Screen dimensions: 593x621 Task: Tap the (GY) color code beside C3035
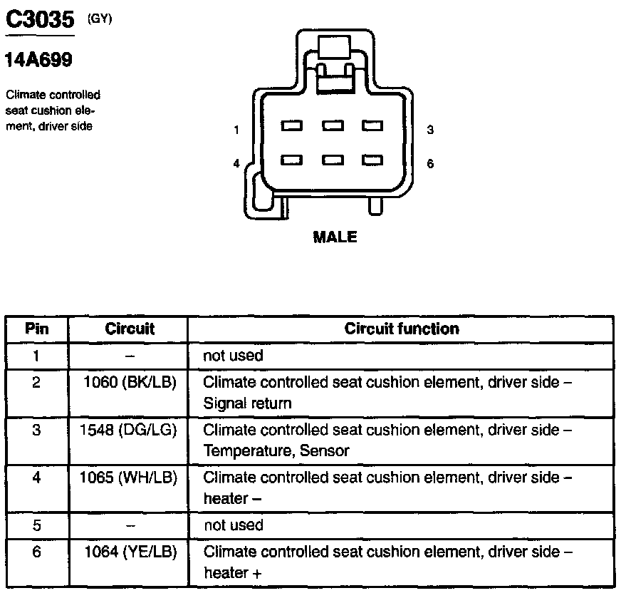click(x=100, y=19)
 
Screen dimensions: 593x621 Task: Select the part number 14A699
click(x=38, y=61)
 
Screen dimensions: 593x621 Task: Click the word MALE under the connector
click(x=335, y=237)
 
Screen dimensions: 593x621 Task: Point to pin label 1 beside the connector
click(x=236, y=130)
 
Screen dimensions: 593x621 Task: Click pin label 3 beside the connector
click(x=430, y=130)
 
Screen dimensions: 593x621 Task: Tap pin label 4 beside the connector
click(x=236, y=163)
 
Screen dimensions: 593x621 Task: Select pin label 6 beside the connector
click(x=430, y=163)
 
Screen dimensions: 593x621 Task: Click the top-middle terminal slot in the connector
click(x=333, y=126)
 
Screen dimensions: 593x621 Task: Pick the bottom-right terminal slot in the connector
click(x=372, y=160)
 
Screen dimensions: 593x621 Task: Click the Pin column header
click(x=37, y=329)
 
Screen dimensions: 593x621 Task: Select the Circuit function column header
click(x=402, y=329)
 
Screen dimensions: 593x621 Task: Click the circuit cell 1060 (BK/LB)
click(x=130, y=382)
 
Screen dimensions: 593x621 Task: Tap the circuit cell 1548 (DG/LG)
click(x=130, y=430)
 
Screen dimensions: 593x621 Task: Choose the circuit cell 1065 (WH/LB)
click(x=130, y=478)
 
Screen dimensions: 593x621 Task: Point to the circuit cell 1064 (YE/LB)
click(x=130, y=552)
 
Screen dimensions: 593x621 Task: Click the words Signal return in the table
click(x=247, y=403)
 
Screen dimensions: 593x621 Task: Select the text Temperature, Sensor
click(x=276, y=451)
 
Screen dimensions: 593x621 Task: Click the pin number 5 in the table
click(x=37, y=525)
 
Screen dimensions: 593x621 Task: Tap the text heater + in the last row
click(x=226, y=573)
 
